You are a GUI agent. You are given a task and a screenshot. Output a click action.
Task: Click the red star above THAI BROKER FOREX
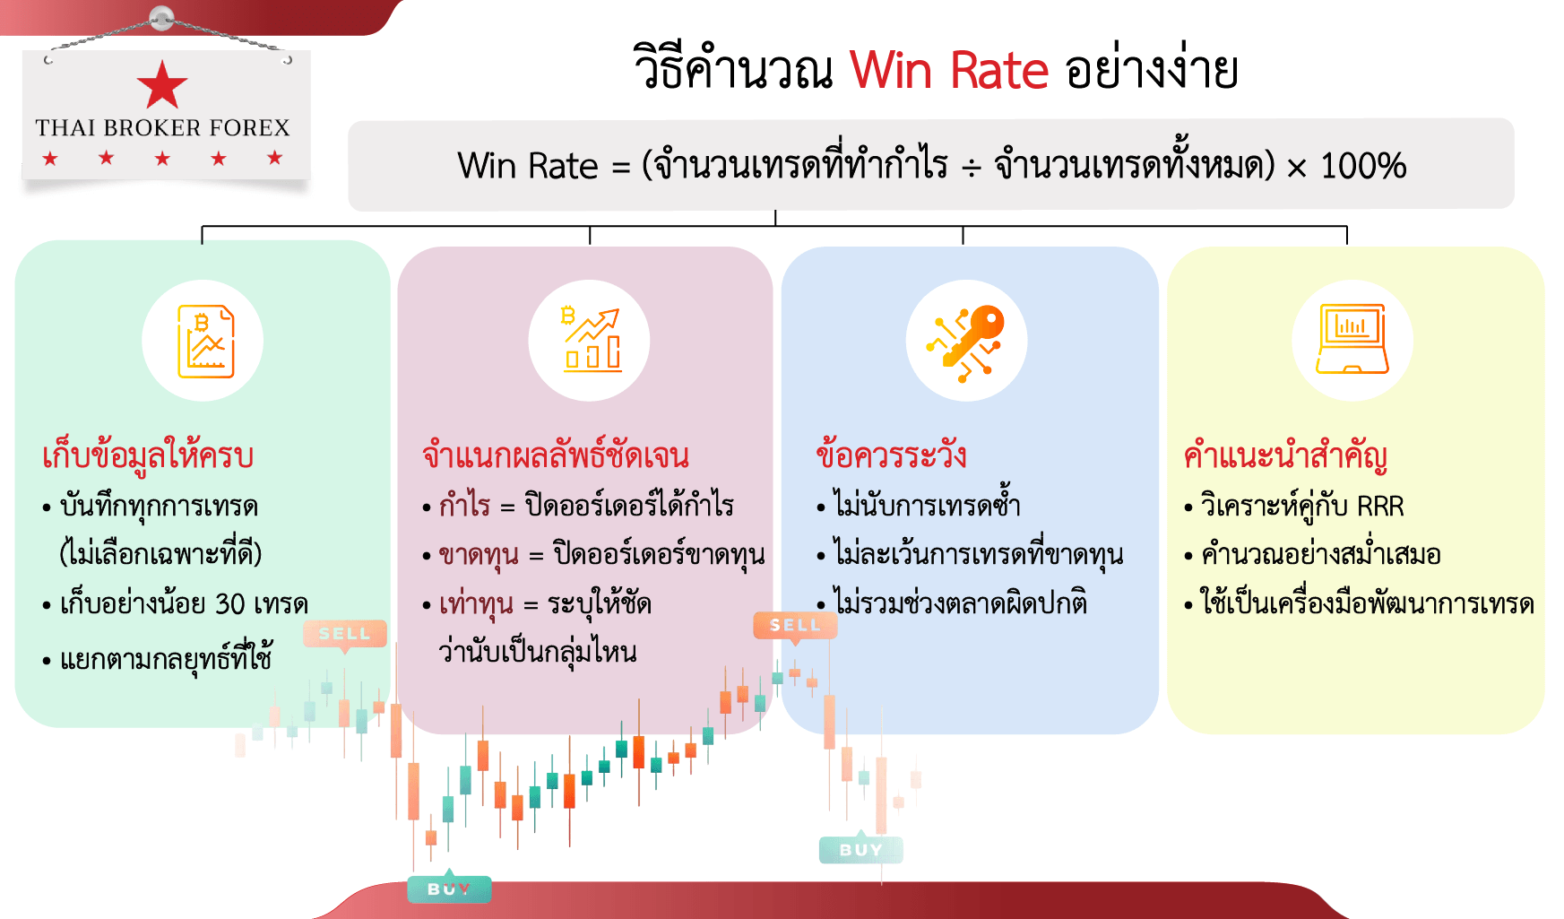tap(162, 85)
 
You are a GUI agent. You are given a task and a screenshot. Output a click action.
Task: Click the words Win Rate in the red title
tap(949, 70)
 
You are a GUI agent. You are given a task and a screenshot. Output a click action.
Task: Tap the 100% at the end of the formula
tap(1363, 166)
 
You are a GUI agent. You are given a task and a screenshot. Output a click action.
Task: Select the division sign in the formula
tap(972, 168)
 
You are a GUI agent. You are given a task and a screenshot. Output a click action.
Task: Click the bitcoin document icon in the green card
tap(205, 342)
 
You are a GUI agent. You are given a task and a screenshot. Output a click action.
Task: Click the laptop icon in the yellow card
tap(1352, 339)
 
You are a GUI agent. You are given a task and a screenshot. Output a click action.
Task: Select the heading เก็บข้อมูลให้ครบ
tap(148, 456)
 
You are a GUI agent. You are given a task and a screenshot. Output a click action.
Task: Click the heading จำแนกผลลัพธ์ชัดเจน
tap(556, 455)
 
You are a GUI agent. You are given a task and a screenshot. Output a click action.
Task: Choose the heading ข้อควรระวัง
tap(891, 455)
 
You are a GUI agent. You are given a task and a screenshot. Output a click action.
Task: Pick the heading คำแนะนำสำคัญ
tap(1285, 455)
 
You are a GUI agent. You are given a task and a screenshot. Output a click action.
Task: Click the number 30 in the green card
tap(230, 604)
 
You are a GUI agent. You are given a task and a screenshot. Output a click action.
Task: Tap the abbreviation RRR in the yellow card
tap(1380, 507)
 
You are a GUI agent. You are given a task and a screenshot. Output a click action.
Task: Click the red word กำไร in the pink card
tap(464, 506)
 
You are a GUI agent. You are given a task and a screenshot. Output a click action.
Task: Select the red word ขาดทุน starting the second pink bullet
tap(479, 555)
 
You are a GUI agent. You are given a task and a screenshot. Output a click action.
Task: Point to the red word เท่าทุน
tap(476, 604)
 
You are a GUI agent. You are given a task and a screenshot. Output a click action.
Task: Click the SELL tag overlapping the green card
tap(345, 634)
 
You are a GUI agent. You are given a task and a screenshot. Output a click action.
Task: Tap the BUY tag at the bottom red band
tap(449, 889)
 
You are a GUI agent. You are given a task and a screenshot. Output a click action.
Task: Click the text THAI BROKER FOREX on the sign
tap(163, 128)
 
